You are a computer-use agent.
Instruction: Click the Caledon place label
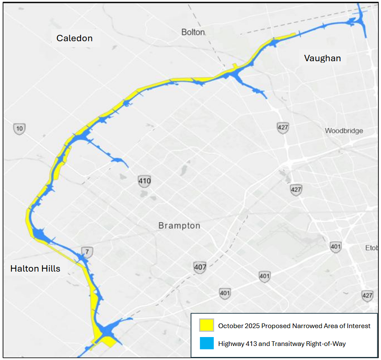(74, 38)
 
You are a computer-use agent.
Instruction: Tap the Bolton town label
(193, 32)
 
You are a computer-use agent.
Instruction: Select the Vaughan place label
(322, 58)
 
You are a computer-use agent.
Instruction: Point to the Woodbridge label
(344, 130)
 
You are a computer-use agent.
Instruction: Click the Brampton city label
(179, 225)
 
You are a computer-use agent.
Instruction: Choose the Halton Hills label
(35, 268)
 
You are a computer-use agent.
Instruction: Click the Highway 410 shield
(145, 181)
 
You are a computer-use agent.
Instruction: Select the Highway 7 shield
(87, 252)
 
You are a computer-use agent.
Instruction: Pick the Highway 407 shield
(200, 267)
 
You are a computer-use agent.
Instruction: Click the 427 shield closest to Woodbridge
(283, 128)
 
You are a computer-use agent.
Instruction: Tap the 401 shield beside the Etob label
(336, 247)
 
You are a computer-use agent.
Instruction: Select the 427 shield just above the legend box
(367, 295)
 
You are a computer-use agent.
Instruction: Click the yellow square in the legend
(207, 326)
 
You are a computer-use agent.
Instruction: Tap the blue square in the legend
(207, 343)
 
